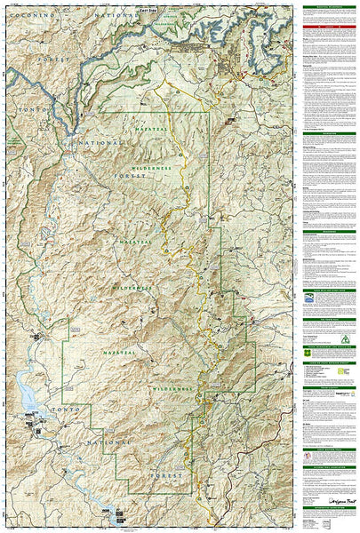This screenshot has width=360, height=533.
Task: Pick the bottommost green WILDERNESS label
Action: (172, 388)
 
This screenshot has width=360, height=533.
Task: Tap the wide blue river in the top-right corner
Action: (267, 36)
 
